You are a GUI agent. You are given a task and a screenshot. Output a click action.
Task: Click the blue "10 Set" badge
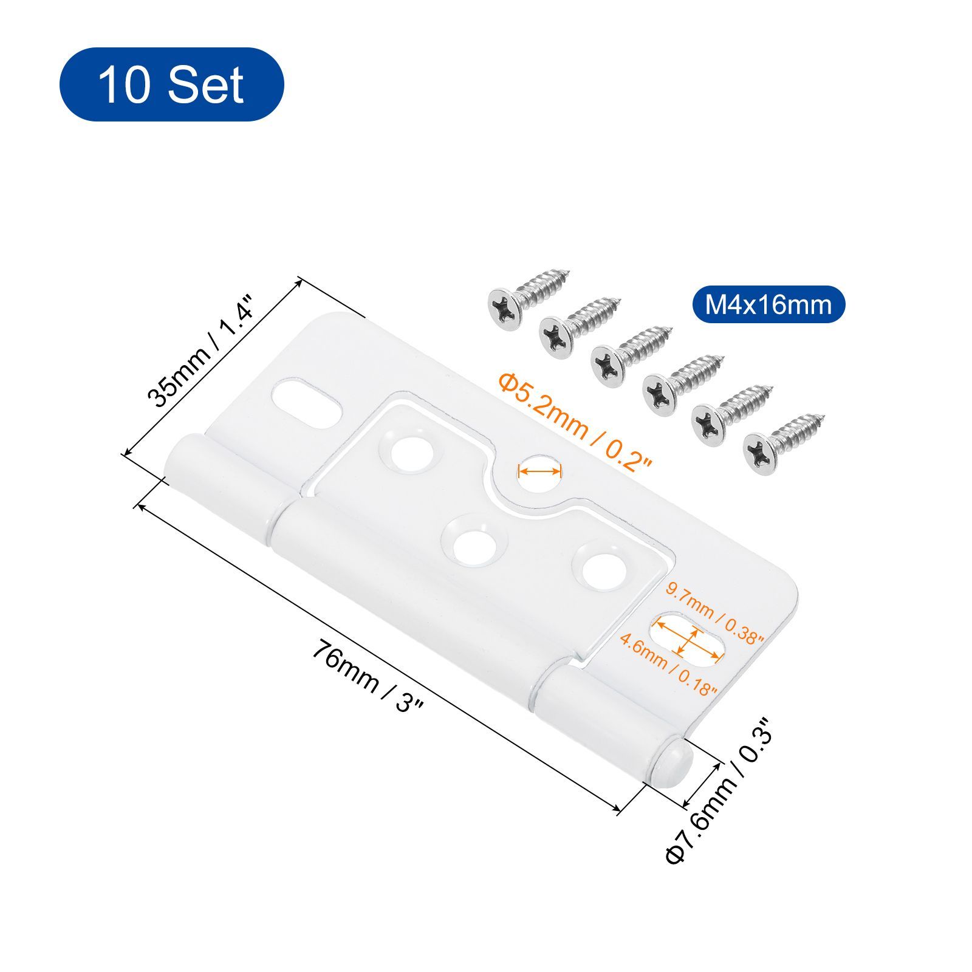(x=171, y=84)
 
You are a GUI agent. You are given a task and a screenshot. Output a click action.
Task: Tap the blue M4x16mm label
(x=768, y=304)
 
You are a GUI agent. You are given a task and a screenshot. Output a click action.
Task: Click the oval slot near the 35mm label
(x=306, y=404)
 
